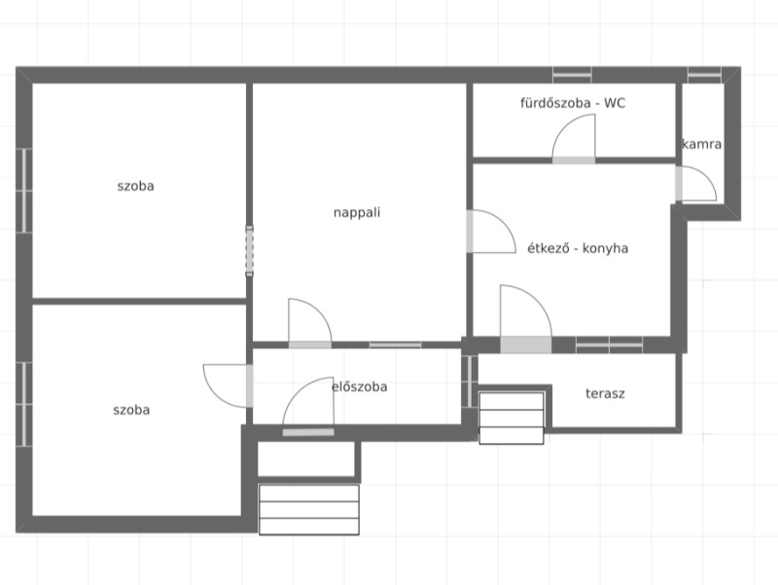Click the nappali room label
point(357,212)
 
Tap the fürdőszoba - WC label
point(573,103)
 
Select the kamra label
point(701,144)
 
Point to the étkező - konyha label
point(578,248)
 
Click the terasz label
point(605,394)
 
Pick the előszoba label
point(359,386)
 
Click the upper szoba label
point(135,186)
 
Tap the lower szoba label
point(131,410)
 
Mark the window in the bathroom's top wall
point(572,75)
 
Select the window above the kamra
point(704,75)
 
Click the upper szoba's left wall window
point(23,190)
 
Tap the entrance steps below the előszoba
point(309,509)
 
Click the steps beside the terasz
point(512,418)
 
